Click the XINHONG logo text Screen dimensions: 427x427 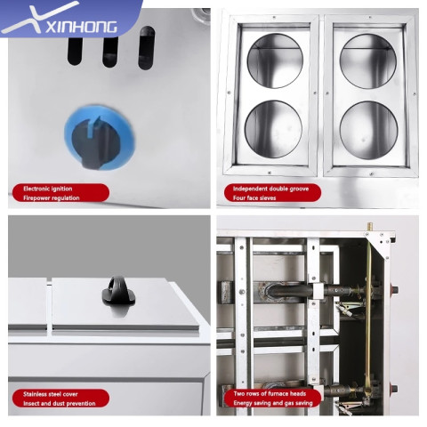(82, 27)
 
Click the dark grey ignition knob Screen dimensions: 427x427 (95, 143)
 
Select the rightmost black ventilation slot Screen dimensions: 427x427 (147, 48)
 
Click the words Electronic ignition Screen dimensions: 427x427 (48, 189)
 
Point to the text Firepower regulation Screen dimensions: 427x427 (52, 197)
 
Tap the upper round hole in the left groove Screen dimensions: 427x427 (275, 60)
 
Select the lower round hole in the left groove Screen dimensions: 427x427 (273, 129)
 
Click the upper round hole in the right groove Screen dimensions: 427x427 (368, 61)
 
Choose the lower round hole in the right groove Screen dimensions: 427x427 (368, 131)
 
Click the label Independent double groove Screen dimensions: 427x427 (270, 189)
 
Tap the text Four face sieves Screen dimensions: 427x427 (254, 197)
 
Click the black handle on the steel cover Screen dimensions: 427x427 (118, 290)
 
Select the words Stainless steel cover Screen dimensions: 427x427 (51, 394)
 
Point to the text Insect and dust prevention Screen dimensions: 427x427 (60, 403)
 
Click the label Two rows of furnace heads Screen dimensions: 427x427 (270, 393)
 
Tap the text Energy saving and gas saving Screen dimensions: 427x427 (273, 403)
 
